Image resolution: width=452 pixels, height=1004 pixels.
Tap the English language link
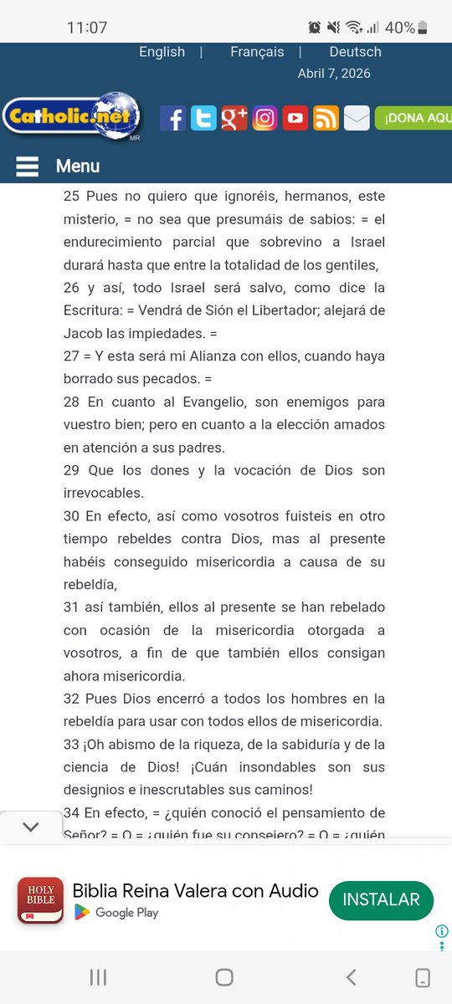[162, 52]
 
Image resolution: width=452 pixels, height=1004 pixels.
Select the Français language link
[257, 52]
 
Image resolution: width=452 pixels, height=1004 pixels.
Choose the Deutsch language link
[355, 52]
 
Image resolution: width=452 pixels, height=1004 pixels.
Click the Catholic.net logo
[71, 117]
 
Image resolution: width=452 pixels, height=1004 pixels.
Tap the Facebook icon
[172, 118]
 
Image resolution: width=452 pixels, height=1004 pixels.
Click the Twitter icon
[203, 118]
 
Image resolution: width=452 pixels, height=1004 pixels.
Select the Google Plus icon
[234, 118]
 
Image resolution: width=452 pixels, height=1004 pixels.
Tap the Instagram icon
[265, 118]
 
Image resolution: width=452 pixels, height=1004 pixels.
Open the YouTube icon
[295, 118]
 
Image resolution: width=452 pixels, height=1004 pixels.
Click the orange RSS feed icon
[326, 118]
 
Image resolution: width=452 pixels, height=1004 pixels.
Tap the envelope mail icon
[357, 118]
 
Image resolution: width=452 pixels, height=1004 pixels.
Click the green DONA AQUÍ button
[413, 118]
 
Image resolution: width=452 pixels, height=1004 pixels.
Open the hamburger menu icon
[27, 166]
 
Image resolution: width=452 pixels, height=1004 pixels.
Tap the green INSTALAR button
[381, 900]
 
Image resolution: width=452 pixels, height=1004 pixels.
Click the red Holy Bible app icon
[40, 900]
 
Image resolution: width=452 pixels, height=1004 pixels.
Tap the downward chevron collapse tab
[31, 827]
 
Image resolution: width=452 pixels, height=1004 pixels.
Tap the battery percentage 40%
[400, 28]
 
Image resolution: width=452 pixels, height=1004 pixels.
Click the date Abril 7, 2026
[334, 74]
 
